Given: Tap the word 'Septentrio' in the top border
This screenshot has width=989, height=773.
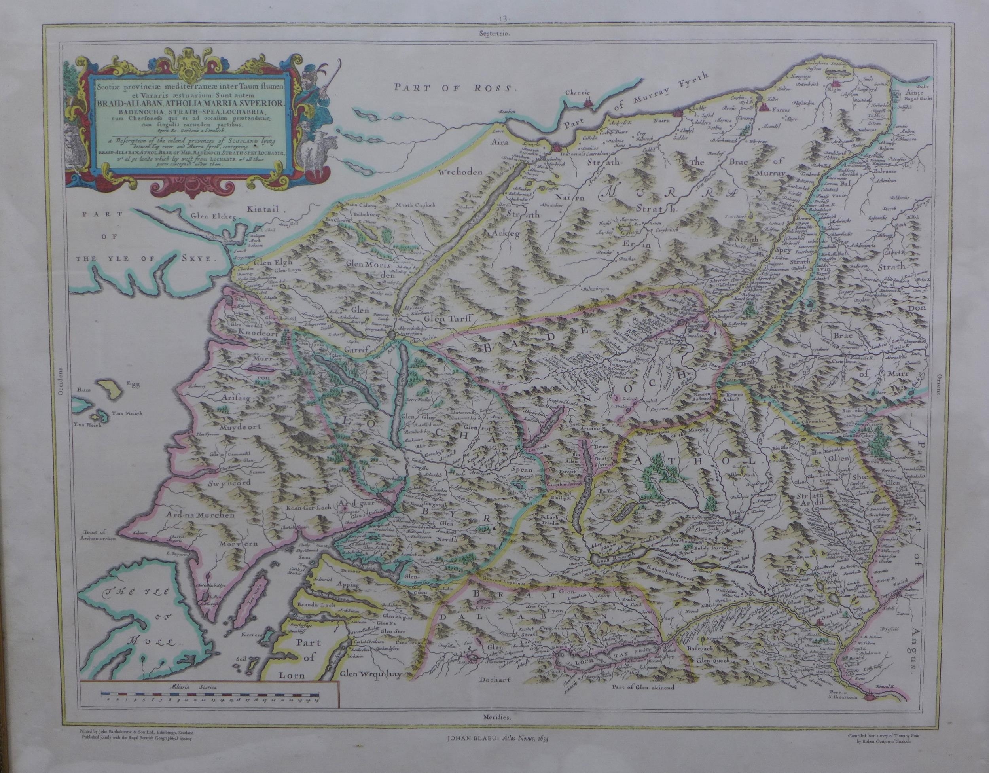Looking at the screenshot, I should click(x=495, y=33).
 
